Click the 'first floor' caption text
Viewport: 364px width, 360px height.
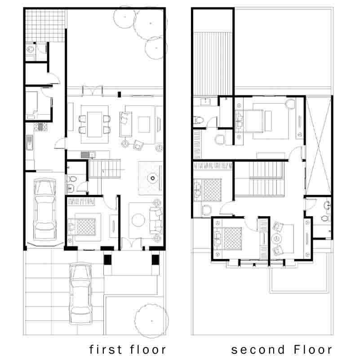pyautogui.click(x=128, y=350)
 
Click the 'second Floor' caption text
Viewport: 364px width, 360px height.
pyautogui.click(x=282, y=350)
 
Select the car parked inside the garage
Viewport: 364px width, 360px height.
pyautogui.click(x=45, y=209)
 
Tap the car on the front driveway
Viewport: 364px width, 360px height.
pyautogui.click(x=80, y=293)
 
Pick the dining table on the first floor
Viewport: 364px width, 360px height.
pyautogui.click(x=94, y=124)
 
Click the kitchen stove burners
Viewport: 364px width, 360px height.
pyautogui.click(x=40, y=127)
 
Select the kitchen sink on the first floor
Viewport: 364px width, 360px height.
pyautogui.click(x=30, y=142)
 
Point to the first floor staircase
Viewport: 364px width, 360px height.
pyautogui.click(x=105, y=169)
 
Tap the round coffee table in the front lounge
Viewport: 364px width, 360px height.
pyautogui.click(x=138, y=220)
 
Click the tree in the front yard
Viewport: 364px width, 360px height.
pyautogui.click(x=151, y=320)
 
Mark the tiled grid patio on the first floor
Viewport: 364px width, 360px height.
pyautogui.click(x=45, y=26)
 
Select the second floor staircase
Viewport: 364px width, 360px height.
pyautogui.click(x=267, y=179)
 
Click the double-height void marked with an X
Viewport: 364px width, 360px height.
pyautogui.click(x=318, y=146)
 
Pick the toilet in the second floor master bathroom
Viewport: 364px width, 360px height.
pyautogui.click(x=199, y=120)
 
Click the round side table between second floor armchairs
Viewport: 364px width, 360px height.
pyautogui.click(x=276, y=239)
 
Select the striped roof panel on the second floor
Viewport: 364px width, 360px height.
pyautogui.click(x=213, y=64)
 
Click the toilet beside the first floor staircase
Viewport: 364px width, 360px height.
pyautogui.click(x=72, y=179)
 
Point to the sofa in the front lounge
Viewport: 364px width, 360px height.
pyautogui.click(x=156, y=221)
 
